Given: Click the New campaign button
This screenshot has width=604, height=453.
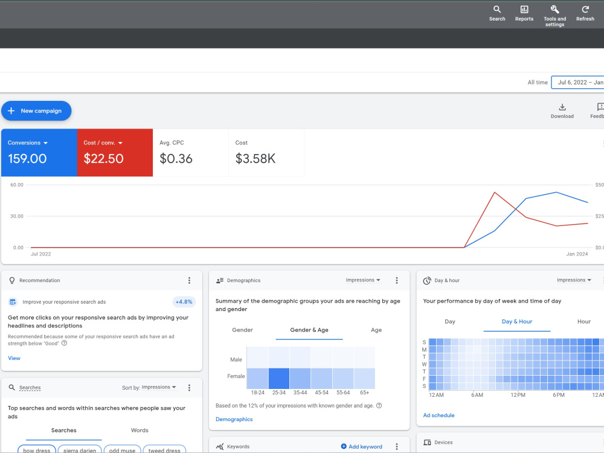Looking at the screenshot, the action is [x=36, y=111].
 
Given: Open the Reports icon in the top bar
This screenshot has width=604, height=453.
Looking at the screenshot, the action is [x=524, y=10].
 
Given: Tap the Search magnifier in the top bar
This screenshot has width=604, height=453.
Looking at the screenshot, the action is [x=497, y=10].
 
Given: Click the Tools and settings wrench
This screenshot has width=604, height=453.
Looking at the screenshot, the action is [x=554, y=10].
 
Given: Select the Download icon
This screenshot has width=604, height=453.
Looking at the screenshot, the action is [x=562, y=107].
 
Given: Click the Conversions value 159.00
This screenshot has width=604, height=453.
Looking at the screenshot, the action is [x=27, y=159].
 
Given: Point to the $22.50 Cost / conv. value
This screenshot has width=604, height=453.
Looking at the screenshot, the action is [x=104, y=159].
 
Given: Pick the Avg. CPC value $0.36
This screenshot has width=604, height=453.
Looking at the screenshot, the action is [x=176, y=159].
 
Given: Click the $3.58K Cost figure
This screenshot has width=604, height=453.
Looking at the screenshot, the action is [x=255, y=159].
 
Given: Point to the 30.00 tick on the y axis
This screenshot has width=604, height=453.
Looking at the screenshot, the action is [x=17, y=216].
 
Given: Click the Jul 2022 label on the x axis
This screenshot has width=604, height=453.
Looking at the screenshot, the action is [x=41, y=254].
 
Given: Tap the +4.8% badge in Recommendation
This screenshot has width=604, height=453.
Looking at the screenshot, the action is [x=184, y=302].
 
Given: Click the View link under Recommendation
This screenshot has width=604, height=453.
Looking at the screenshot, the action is [x=14, y=358].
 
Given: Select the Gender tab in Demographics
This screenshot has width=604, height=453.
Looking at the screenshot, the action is [x=242, y=330].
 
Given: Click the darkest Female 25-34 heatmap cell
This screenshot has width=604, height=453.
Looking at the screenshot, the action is [x=279, y=378].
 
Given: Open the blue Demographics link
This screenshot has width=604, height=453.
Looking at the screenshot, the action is [x=234, y=419].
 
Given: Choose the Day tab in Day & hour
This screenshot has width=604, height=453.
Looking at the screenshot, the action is [x=450, y=322].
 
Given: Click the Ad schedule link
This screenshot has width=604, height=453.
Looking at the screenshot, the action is [x=439, y=416].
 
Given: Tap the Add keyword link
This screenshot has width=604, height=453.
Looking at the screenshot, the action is [x=362, y=446].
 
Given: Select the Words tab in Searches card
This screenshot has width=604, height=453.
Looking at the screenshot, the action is [x=140, y=430].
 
